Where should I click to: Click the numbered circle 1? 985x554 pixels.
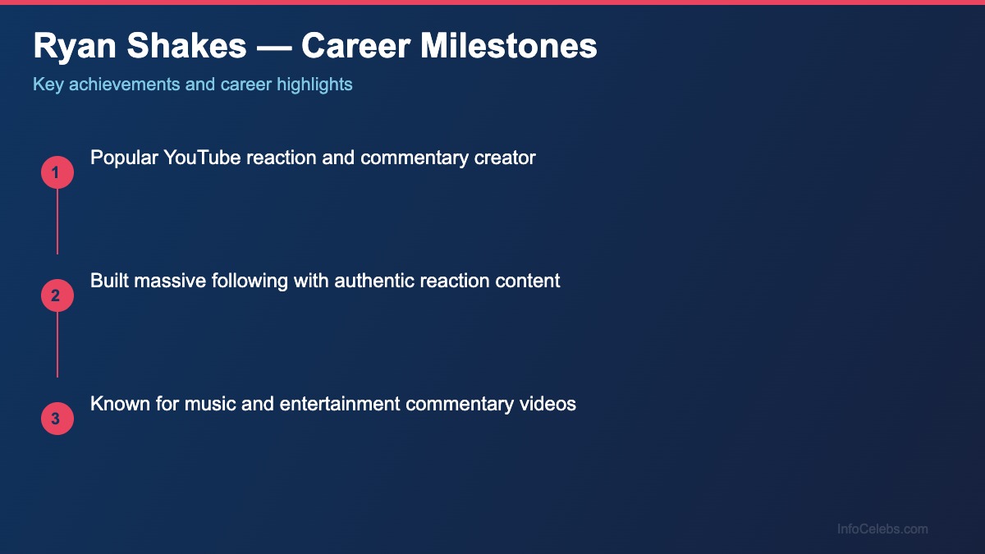[x=57, y=172]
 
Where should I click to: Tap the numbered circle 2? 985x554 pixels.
[x=57, y=295]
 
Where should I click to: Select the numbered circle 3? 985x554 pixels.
[x=57, y=419]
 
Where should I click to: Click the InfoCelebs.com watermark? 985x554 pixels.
[x=882, y=529]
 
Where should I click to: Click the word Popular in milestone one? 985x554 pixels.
[x=124, y=158]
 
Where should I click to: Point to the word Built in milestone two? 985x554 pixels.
[x=108, y=281]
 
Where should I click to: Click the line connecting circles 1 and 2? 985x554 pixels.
[x=57, y=222]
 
